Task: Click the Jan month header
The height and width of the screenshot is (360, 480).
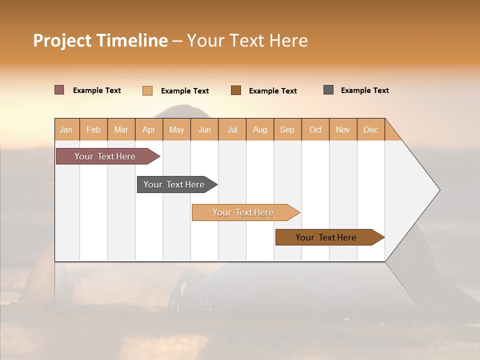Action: [66, 129]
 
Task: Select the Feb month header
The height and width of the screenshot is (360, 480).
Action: [93, 129]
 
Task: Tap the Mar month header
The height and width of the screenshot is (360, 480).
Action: [121, 129]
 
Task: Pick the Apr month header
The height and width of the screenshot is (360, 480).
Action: [148, 129]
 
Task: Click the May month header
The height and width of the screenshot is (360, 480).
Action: [176, 129]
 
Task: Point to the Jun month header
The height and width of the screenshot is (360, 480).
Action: [204, 129]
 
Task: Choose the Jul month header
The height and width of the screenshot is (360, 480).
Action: [232, 129]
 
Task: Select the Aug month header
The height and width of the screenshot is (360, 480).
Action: [259, 129]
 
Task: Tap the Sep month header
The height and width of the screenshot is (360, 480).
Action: [287, 129]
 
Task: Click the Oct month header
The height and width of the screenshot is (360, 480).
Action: [315, 129]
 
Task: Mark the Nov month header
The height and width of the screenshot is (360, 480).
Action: [343, 129]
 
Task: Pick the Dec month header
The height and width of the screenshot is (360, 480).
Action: [370, 129]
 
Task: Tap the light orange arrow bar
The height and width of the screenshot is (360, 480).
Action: [243, 212]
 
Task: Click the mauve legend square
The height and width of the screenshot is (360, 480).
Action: [59, 90]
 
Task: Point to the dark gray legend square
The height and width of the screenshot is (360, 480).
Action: [328, 90]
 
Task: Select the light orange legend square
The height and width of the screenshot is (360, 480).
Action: [147, 90]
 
